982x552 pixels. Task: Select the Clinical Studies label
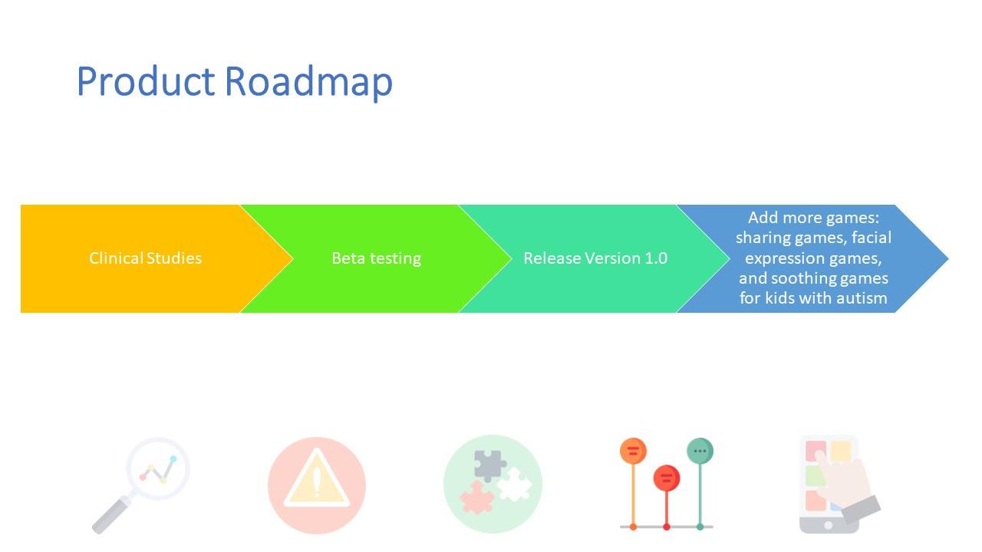pyautogui.click(x=145, y=258)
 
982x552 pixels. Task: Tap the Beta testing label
pyautogui.click(x=376, y=258)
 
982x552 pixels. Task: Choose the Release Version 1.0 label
pyautogui.click(x=595, y=258)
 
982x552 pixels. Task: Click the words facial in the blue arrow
pyautogui.click(x=872, y=238)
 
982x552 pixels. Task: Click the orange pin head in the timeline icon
pyautogui.click(x=633, y=451)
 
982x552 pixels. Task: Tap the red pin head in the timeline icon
pyautogui.click(x=667, y=478)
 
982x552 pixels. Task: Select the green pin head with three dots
pyautogui.click(x=700, y=451)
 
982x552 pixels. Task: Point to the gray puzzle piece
pyautogui.click(x=489, y=465)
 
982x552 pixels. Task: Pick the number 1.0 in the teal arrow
pyautogui.click(x=656, y=258)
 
